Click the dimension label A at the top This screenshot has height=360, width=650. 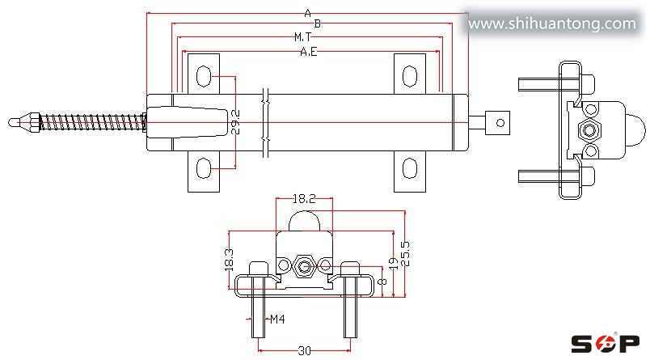click(x=307, y=12)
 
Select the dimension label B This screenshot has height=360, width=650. click(x=317, y=24)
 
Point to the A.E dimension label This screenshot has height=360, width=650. click(x=308, y=52)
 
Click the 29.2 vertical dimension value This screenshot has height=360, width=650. click(x=234, y=121)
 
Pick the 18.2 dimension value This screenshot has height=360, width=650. click(x=304, y=197)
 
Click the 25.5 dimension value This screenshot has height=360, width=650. click(x=405, y=255)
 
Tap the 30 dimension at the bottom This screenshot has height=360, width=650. click(x=304, y=350)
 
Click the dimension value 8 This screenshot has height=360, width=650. click(x=381, y=282)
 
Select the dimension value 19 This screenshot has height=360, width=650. click(x=392, y=263)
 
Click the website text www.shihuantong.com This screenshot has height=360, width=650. click(x=552, y=24)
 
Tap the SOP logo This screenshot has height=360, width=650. click(x=605, y=344)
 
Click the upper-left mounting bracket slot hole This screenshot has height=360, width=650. click(x=204, y=78)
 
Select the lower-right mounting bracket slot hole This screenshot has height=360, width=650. click(x=410, y=168)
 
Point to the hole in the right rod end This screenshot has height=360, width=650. click(x=500, y=123)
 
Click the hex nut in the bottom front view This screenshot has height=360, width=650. click(x=304, y=265)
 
